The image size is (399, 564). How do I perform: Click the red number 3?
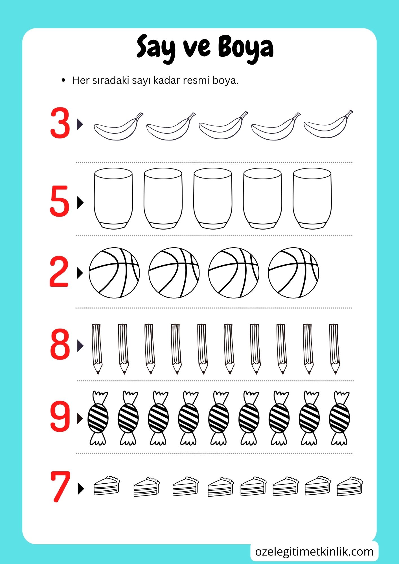(60, 123)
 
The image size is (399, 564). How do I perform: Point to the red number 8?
(60, 344)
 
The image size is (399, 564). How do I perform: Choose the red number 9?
(60, 416)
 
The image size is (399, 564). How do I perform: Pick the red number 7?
(60, 487)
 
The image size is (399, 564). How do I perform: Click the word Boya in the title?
(246, 48)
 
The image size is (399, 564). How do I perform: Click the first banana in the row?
(119, 127)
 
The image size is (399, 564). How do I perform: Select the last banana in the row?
(328, 125)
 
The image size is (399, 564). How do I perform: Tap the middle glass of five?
(213, 199)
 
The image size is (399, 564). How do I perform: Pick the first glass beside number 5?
(113, 199)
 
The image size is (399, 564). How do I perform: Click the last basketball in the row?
(293, 273)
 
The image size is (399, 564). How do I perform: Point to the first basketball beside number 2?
(114, 273)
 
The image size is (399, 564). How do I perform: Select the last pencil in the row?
(334, 349)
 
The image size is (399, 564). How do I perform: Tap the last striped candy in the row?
(339, 418)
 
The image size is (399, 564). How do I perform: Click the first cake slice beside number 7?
(107, 486)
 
